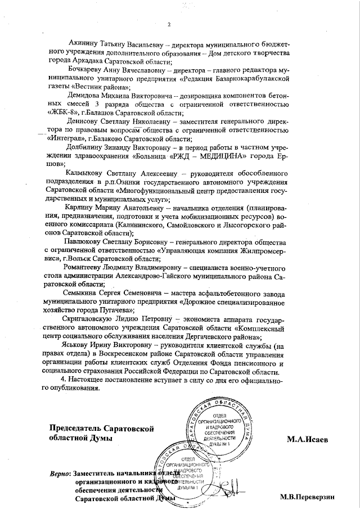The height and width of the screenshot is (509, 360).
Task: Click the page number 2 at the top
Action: (168, 24)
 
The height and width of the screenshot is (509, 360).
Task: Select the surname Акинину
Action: (85, 43)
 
